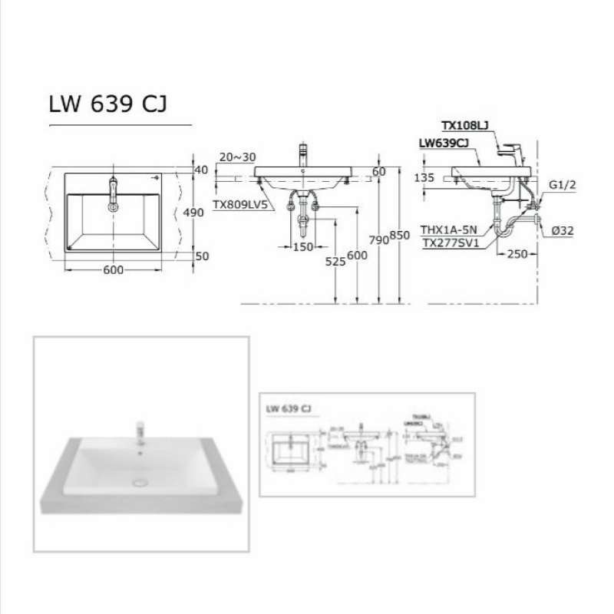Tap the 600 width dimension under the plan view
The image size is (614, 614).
point(113,269)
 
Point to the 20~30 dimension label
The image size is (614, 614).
point(237,157)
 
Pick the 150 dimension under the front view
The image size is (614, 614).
point(303,246)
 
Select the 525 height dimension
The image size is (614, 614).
point(335,260)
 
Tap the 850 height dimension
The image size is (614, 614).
point(400,236)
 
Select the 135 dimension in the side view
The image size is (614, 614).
point(424,177)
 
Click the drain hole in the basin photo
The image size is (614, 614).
point(140,482)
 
